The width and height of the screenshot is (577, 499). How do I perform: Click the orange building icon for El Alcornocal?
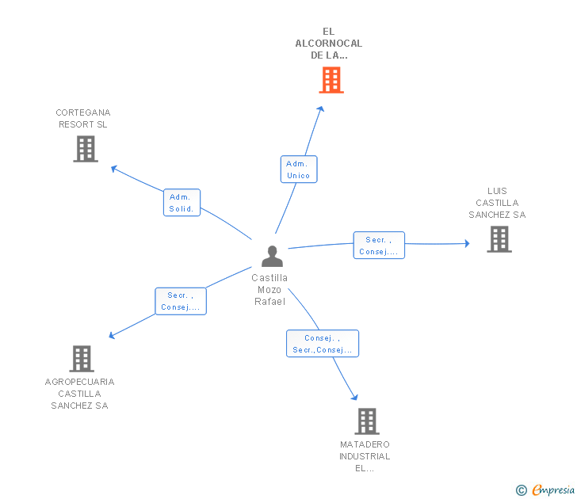click(x=331, y=79)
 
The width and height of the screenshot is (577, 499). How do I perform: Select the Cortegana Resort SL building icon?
click(x=86, y=148)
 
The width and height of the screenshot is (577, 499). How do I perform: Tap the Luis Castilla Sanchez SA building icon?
click(x=499, y=239)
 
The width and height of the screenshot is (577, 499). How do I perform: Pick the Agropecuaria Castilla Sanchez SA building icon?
click(x=81, y=358)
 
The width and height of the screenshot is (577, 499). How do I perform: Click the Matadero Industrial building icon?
click(x=366, y=421)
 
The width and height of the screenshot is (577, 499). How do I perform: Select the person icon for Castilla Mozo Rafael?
click(x=272, y=256)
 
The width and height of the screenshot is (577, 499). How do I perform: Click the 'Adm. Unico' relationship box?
click(x=299, y=170)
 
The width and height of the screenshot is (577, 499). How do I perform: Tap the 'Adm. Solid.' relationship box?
click(x=182, y=203)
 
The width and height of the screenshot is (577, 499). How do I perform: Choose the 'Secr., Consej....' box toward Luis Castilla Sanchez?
click(x=379, y=246)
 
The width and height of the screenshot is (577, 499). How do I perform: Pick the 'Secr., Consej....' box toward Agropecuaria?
click(x=181, y=301)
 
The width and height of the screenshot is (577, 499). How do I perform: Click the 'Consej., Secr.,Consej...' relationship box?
click(x=323, y=344)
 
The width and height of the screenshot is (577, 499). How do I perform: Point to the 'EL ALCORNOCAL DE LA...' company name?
click(x=329, y=44)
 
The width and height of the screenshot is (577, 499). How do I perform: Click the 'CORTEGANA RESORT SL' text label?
click(x=83, y=119)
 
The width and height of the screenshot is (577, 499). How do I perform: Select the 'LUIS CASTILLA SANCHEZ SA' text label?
click(x=497, y=203)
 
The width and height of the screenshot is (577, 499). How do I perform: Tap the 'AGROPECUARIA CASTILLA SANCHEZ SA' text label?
click(x=79, y=394)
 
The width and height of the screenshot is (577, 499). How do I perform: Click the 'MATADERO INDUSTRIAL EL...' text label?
click(x=365, y=456)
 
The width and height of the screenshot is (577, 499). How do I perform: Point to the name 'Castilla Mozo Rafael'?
click(x=269, y=289)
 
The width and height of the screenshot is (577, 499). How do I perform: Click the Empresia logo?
click(x=553, y=490)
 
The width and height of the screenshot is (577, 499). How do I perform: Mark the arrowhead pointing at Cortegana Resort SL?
click(x=113, y=167)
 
